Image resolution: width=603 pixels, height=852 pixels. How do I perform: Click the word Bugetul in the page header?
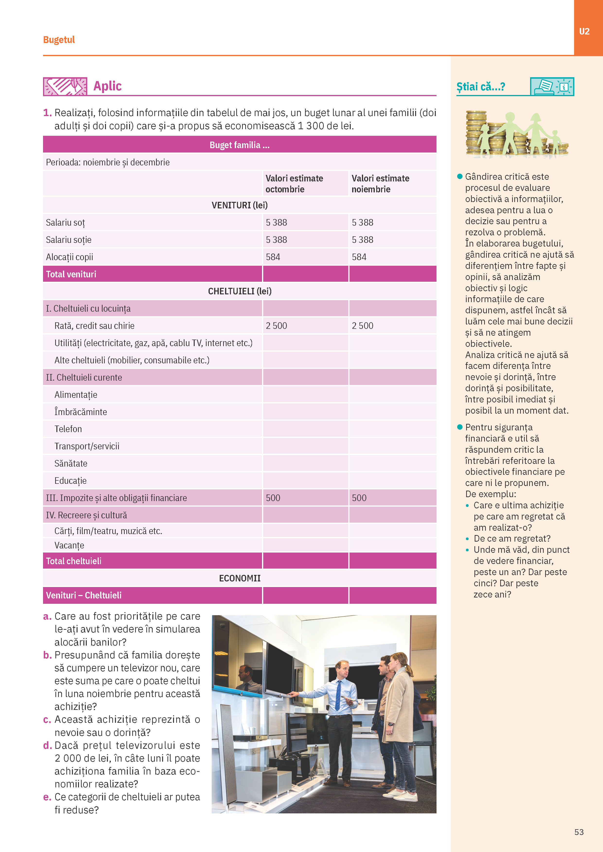coord(59,40)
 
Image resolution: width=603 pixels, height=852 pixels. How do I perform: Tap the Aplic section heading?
coord(107,86)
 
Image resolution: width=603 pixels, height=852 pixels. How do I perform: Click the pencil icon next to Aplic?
coord(65,86)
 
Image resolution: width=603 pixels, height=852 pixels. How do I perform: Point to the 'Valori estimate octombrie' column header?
coord(294,184)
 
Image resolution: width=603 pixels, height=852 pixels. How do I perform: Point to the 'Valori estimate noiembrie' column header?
coord(380,184)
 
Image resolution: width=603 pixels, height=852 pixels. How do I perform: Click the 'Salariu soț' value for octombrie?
coord(276,223)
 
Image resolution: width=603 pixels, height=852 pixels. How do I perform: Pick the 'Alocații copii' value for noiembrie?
coord(359,257)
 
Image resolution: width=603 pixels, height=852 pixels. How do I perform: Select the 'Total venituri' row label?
coord(71,274)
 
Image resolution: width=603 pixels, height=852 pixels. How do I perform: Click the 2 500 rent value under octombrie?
coord(276,326)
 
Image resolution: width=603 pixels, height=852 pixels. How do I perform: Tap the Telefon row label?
coord(68,429)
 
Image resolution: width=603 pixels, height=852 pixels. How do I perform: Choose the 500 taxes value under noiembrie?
coord(359,498)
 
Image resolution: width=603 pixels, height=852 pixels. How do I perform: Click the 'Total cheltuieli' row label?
coord(73,561)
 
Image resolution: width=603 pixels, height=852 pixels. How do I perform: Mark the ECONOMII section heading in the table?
coord(239,578)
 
